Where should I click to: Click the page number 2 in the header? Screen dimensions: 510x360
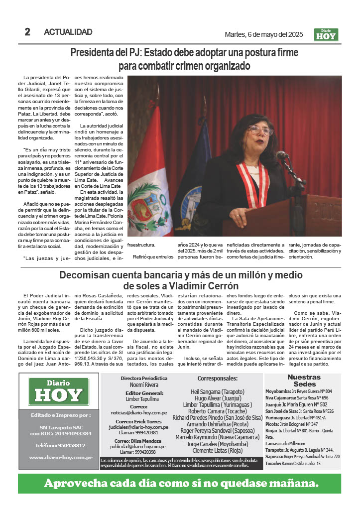[27, 32]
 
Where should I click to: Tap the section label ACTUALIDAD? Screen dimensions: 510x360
[68, 32]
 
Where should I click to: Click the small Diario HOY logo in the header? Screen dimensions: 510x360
[327, 34]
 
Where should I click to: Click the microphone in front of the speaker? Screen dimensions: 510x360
[282, 155]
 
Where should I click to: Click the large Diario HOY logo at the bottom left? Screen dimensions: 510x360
[59, 391]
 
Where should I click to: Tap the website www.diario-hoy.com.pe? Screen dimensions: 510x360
[59, 457]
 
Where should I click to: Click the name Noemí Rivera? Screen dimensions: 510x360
[144, 385]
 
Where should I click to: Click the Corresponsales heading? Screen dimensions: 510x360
[218, 378]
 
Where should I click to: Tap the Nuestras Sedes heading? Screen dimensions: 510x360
[304, 381]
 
